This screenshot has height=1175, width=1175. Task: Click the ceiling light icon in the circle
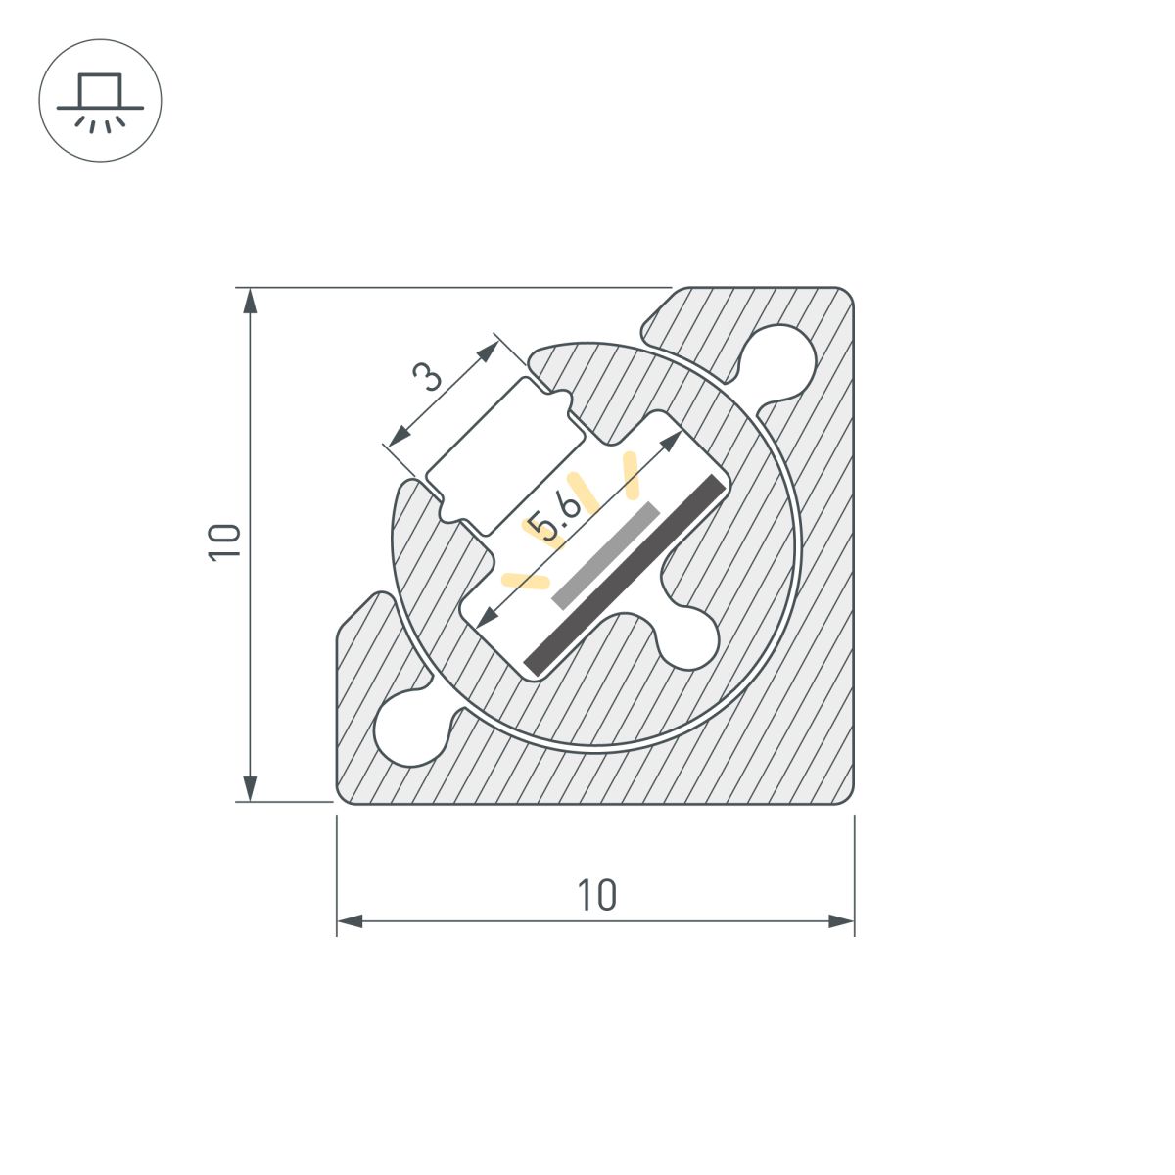(x=100, y=100)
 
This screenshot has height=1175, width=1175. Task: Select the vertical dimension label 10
(x=224, y=541)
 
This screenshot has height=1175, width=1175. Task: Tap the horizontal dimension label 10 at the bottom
(x=596, y=895)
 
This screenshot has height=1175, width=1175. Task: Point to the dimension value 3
(x=427, y=376)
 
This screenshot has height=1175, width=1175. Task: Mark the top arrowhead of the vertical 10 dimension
(x=250, y=300)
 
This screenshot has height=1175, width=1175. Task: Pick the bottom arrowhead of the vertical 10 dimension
(x=250, y=788)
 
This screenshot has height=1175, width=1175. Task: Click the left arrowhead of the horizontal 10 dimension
(x=350, y=921)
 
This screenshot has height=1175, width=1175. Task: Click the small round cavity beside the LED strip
(x=687, y=637)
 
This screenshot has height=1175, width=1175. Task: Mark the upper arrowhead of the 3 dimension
(x=488, y=352)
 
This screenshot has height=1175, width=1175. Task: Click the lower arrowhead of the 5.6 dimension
(x=486, y=617)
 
